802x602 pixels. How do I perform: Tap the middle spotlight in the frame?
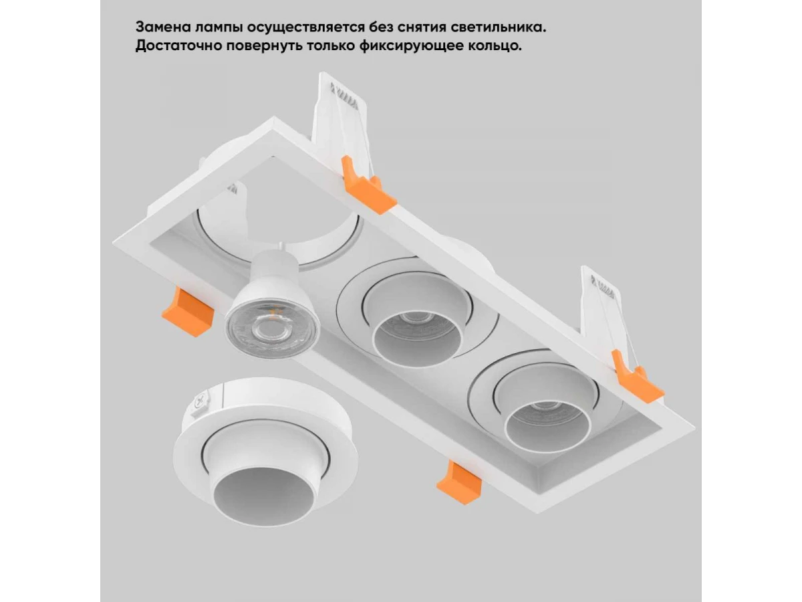pos(417,313)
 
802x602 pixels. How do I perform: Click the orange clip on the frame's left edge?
pos(187,312)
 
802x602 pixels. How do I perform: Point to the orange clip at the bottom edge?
pos(460,483)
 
